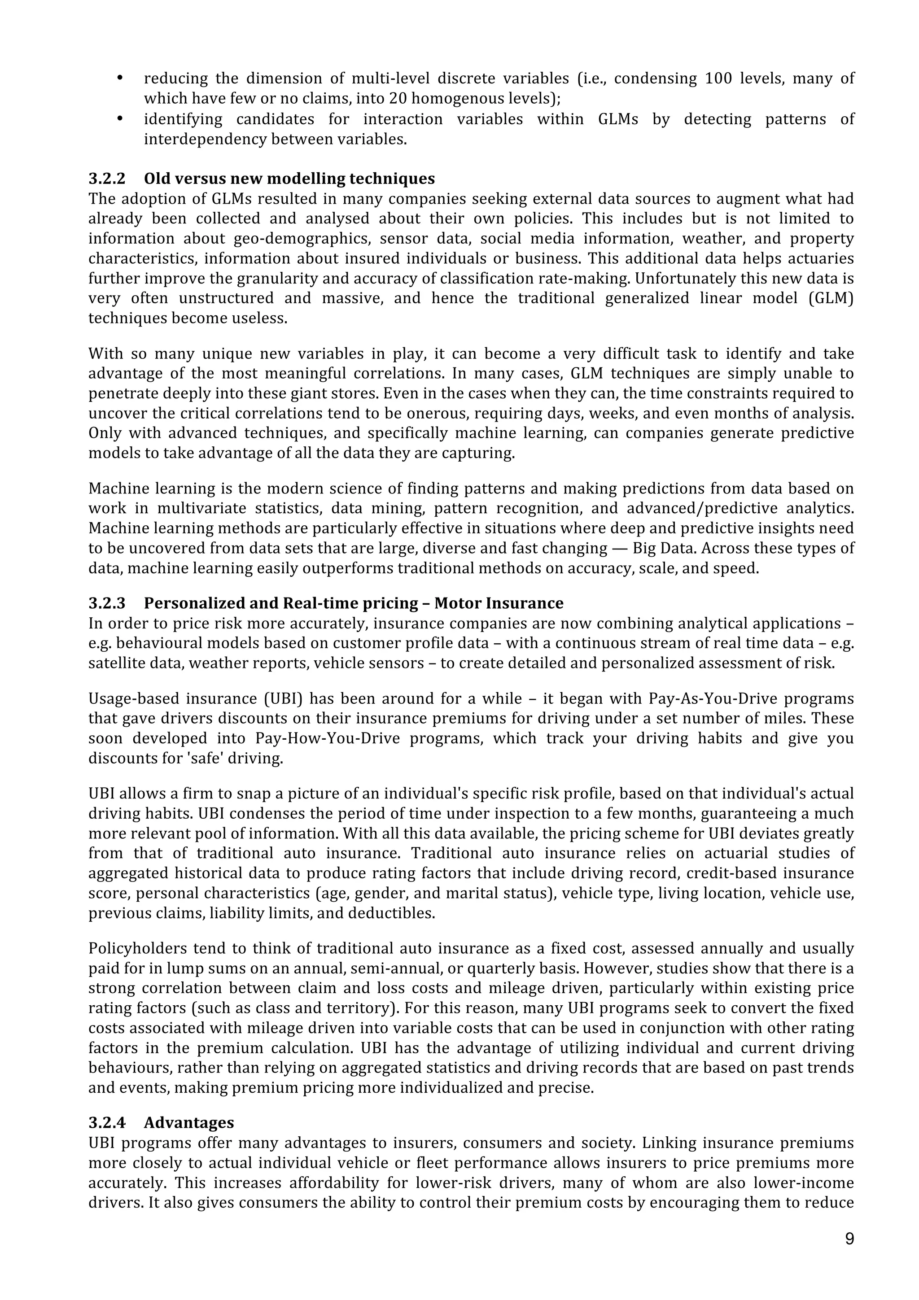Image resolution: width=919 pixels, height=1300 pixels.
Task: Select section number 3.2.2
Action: tap(106, 179)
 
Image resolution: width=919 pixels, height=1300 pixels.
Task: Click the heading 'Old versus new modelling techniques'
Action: tap(289, 179)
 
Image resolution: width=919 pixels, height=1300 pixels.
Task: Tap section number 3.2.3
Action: tap(106, 603)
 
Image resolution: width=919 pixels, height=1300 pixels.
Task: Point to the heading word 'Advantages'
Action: tap(188, 1122)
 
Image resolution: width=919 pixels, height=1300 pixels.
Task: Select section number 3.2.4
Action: tap(106, 1122)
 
